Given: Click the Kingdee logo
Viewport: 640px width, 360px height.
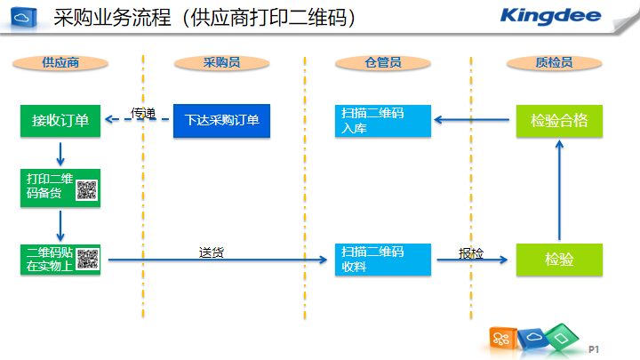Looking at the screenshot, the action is tap(550, 16).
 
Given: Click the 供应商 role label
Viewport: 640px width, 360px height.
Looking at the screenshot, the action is tap(60, 63).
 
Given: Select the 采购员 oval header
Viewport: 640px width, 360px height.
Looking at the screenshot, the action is tap(221, 63).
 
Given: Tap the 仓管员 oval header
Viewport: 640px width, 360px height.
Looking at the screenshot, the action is tap(383, 63).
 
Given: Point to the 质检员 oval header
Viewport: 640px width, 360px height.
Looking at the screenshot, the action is tap(555, 63).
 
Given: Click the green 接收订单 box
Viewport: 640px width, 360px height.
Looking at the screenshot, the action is tap(60, 120).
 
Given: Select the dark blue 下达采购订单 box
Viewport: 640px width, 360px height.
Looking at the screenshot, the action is tap(221, 120).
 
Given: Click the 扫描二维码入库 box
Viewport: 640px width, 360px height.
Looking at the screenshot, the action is tap(383, 121).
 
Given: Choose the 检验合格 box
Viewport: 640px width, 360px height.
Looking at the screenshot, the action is tap(559, 121).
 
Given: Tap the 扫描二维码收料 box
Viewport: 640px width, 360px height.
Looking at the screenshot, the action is tap(383, 260).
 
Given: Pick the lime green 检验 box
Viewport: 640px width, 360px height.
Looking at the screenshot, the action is tap(559, 260).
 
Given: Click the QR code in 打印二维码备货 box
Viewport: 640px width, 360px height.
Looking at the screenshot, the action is tap(86, 190).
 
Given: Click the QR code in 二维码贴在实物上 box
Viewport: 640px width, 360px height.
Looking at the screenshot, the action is tap(88, 260).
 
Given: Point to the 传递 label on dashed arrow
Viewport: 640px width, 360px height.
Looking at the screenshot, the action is tap(143, 113).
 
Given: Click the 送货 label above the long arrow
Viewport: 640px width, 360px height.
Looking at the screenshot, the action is tap(211, 252).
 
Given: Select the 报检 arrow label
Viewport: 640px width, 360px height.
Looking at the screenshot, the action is tap(471, 253).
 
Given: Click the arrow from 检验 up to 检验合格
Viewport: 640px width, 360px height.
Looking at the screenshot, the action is tap(559, 190).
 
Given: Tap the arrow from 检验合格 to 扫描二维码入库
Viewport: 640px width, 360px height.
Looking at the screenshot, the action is tap(471, 120).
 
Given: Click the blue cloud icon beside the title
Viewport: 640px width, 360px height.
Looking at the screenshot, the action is tap(23, 18).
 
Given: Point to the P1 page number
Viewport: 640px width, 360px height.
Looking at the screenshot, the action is tap(594, 349).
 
